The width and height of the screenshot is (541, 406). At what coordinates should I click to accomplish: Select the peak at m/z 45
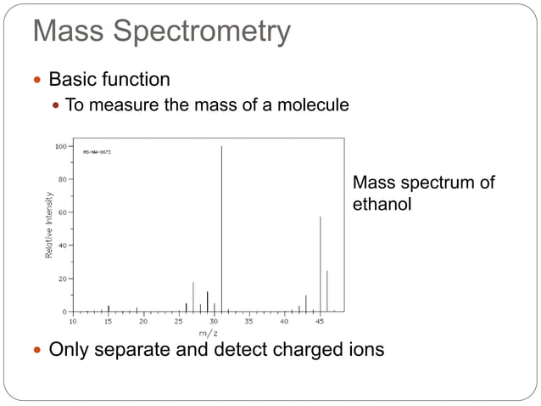tap(320, 263)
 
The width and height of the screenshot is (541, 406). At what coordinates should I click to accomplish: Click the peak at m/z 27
tap(193, 296)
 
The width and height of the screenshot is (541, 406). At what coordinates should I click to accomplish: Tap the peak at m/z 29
tap(208, 301)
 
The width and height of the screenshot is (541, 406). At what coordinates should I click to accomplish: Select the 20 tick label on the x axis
tap(143, 322)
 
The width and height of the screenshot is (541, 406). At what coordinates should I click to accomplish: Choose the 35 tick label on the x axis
tap(249, 322)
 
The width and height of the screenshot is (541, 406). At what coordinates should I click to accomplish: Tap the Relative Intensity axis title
tap(50, 225)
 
